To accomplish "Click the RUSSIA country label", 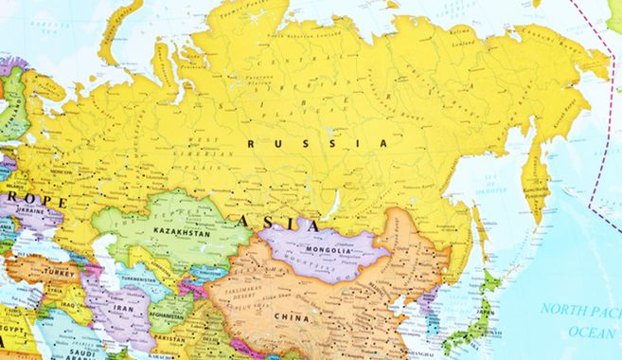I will click(x=316, y=143).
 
